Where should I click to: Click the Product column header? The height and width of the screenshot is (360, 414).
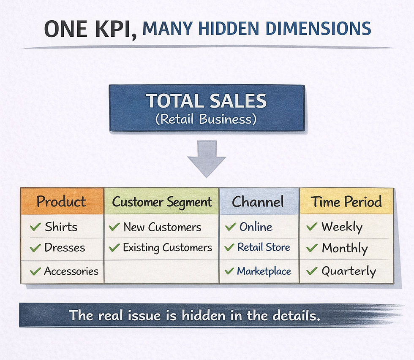tap(61, 201)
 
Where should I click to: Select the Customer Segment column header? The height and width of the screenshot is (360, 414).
tap(162, 202)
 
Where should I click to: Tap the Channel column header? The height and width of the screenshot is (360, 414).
tap(258, 202)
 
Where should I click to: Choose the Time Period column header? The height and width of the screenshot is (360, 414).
tap(346, 202)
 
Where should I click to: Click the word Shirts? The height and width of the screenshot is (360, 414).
tap(61, 227)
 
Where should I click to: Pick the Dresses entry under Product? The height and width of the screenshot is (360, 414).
tap(65, 248)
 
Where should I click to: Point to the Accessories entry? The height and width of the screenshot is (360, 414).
tap(71, 271)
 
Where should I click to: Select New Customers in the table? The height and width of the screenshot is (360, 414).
tap(162, 227)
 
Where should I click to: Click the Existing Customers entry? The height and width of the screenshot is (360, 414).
tap(167, 248)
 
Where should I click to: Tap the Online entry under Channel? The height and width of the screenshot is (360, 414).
tap(256, 227)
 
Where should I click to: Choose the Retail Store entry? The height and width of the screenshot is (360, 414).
tap(264, 247)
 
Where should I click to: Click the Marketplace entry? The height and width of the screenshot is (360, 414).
tap(264, 271)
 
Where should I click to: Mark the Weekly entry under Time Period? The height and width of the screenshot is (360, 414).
tap(342, 227)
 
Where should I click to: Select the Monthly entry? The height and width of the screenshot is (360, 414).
tap(344, 248)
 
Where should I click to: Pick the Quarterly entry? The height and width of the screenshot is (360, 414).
tap(349, 271)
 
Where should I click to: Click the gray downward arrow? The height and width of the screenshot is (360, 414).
tap(207, 159)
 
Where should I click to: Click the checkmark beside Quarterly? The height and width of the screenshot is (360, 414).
tap(312, 271)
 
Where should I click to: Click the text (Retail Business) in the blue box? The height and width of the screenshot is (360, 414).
tap(206, 119)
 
